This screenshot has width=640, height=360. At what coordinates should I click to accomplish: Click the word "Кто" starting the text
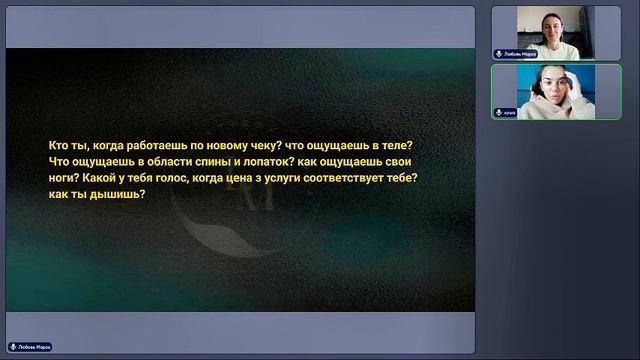pyautogui.click(x=59, y=145)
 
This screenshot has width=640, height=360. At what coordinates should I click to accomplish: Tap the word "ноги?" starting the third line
pyautogui.click(x=65, y=177)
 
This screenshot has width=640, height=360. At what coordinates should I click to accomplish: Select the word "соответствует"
pyautogui.click(x=370, y=177)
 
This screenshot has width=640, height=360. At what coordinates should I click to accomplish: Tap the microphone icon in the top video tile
pyautogui.click(x=499, y=54)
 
